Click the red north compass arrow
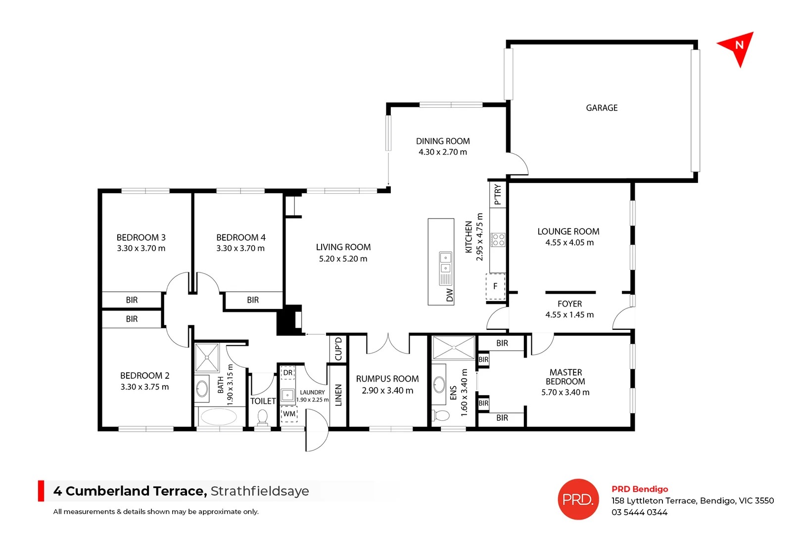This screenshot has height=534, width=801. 737,47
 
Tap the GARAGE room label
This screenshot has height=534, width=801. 601,108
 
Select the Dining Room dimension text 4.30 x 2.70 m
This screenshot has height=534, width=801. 442,152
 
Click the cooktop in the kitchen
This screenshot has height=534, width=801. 498,240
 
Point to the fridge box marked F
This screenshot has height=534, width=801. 495,287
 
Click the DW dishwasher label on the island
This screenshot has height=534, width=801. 449,295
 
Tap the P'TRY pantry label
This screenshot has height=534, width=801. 498,194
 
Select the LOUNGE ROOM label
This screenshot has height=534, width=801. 568,231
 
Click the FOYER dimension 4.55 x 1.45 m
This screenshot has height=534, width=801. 569,315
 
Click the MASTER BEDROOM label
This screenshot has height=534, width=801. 565,377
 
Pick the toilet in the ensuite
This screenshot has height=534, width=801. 440,414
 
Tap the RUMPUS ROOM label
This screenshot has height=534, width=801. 387,379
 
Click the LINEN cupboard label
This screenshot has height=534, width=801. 338,395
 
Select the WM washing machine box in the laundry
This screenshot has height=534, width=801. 289,414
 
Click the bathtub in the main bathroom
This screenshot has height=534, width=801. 219,417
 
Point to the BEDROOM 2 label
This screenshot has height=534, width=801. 144,376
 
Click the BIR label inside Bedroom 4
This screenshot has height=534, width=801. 252,300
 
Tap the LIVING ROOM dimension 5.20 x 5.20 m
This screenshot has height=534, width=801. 343,259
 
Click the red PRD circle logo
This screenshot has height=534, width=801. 578,499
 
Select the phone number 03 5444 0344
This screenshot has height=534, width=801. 639,513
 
